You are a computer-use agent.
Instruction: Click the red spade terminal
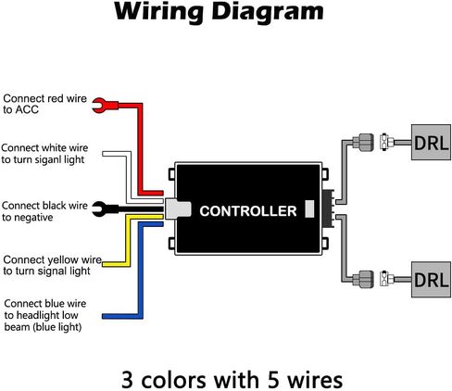(x=105, y=106)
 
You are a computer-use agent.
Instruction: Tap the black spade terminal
(x=105, y=209)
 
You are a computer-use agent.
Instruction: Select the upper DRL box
(x=431, y=143)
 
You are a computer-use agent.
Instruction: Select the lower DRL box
(x=431, y=280)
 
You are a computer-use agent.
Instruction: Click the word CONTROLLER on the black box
(x=248, y=211)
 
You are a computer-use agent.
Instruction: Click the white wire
(x=129, y=176)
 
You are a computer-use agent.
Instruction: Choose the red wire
(x=140, y=148)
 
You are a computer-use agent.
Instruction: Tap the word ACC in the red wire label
(x=27, y=109)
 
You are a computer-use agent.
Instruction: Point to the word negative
(x=33, y=218)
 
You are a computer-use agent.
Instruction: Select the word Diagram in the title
(x=268, y=12)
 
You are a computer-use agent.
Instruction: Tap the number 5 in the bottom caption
(x=273, y=380)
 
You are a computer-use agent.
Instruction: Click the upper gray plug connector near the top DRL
(x=363, y=143)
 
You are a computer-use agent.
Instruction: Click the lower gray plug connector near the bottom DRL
(x=363, y=279)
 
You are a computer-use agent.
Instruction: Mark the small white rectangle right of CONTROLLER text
(x=309, y=208)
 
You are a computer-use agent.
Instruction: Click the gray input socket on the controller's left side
(x=177, y=208)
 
